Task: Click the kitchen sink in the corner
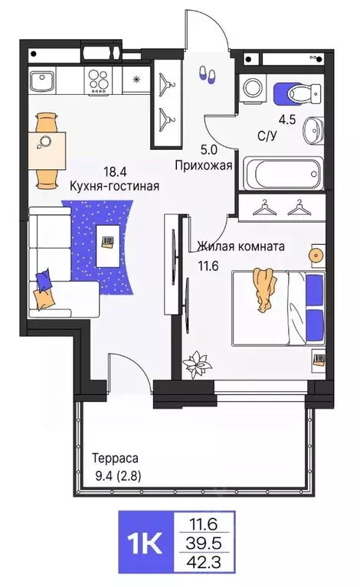pyautogui.click(x=41, y=80)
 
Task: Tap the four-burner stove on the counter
pyautogui.click(x=100, y=79)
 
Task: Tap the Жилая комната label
pyautogui.click(x=241, y=246)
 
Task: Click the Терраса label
pyautogui.click(x=115, y=458)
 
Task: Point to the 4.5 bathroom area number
pyautogui.click(x=286, y=119)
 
